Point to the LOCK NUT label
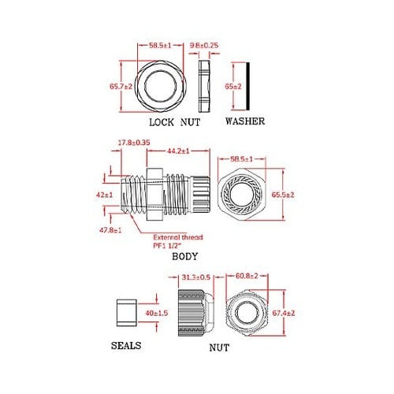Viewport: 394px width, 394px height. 175,122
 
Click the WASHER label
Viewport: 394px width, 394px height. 244,122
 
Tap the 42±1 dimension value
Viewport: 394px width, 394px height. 105,194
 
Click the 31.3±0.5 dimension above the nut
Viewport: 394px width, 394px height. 195,277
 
